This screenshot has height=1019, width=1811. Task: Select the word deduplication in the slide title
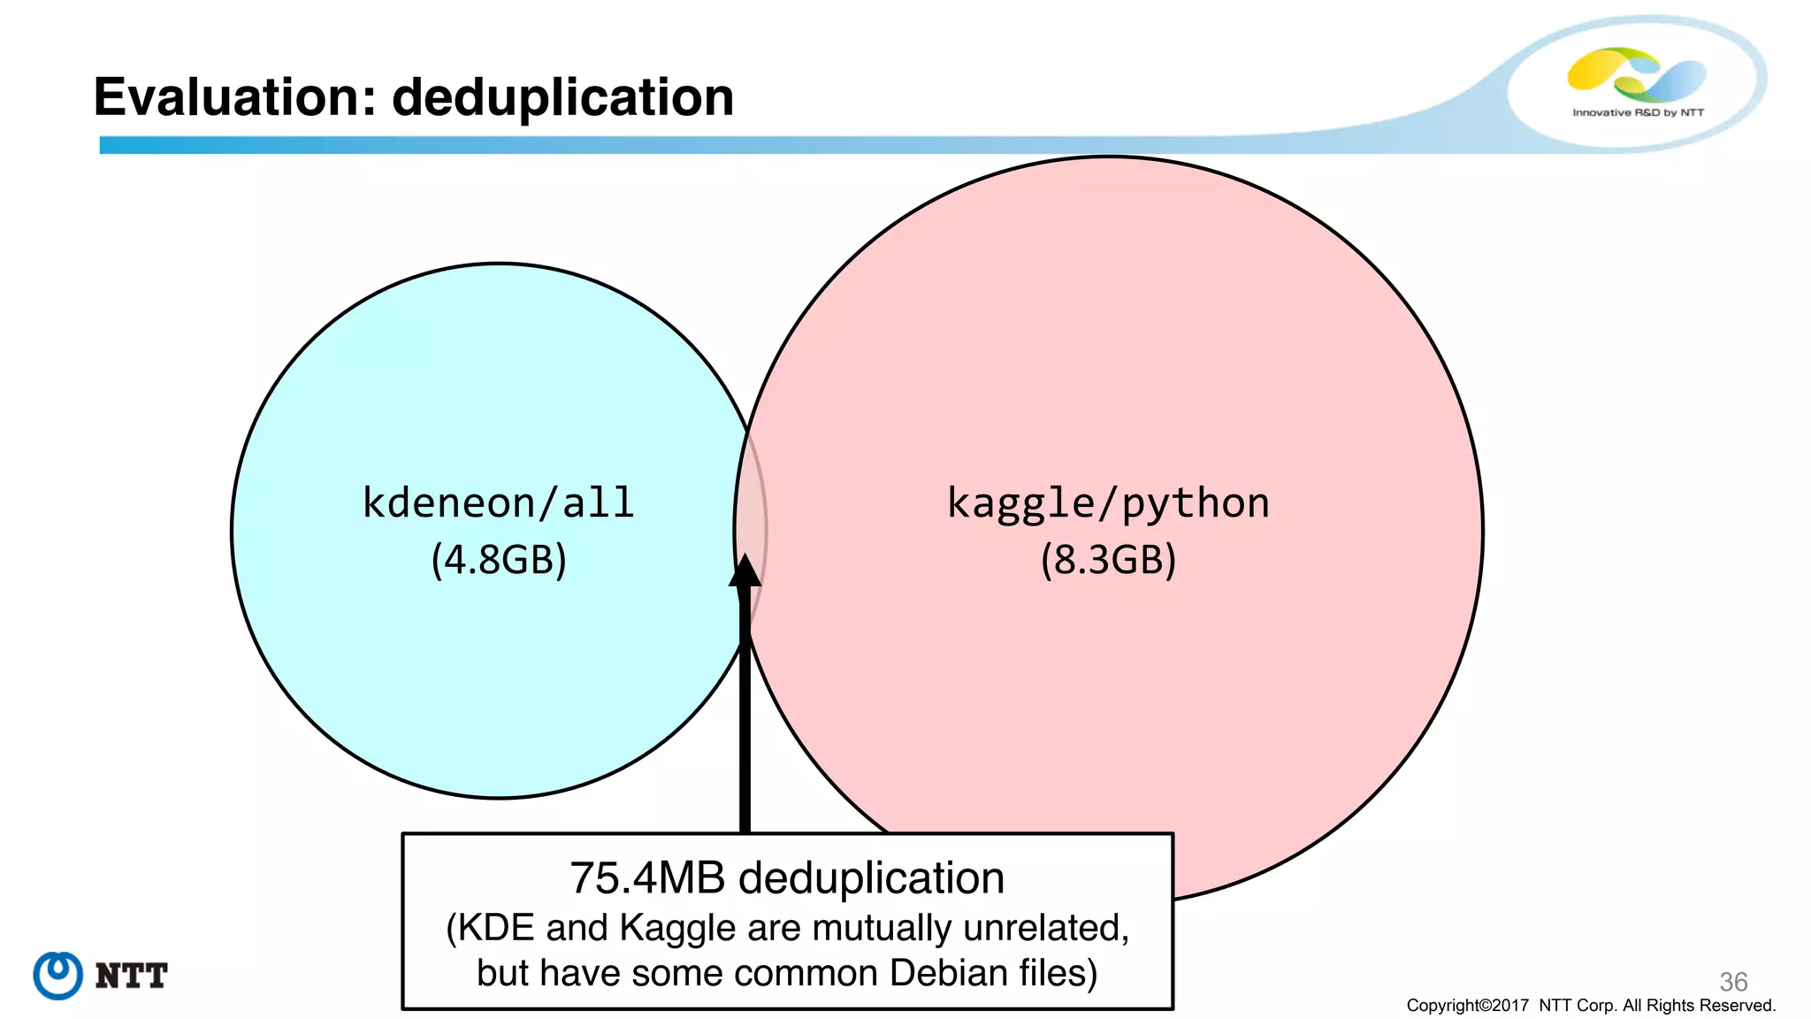[x=562, y=96]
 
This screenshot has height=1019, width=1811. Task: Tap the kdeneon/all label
[x=499, y=503]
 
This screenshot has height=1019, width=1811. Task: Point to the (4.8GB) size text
[x=499, y=560]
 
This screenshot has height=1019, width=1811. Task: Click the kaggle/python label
[x=1108, y=503]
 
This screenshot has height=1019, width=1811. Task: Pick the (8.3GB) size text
[x=1108, y=560]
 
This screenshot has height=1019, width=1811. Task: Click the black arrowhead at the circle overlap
[x=745, y=571]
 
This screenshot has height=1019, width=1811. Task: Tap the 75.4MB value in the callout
[x=647, y=878]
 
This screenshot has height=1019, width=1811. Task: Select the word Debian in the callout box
[x=948, y=973]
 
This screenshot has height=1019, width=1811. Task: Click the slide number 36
[x=1733, y=981]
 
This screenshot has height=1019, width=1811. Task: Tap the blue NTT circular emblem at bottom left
[x=58, y=976]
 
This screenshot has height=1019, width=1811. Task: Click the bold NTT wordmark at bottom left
[x=131, y=976]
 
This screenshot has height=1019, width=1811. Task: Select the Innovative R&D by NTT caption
[x=1638, y=112]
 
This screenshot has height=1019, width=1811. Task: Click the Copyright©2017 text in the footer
[x=1467, y=1006]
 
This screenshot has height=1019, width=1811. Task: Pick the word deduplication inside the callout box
[x=871, y=878]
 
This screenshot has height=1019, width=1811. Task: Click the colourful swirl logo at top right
[x=1636, y=73]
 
